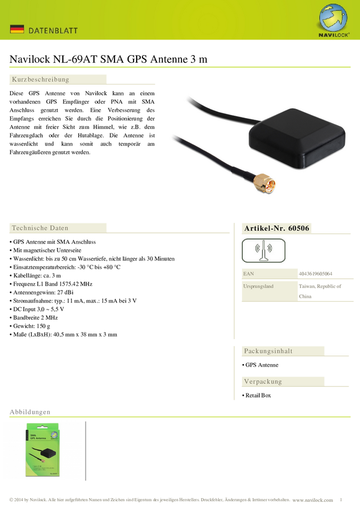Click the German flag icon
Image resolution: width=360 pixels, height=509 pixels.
[17, 29]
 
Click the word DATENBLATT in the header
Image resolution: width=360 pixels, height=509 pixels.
[54, 30]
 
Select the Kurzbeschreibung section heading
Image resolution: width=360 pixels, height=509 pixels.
[41, 79]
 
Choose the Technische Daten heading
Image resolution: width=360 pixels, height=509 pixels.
[40, 228]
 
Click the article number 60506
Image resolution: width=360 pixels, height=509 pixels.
[299, 228]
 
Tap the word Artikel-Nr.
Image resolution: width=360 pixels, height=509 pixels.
[264, 228]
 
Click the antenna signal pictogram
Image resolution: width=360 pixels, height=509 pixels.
[264, 250]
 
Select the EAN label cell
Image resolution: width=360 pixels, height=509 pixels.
[269, 274]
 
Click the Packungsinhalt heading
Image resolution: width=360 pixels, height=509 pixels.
[268, 350]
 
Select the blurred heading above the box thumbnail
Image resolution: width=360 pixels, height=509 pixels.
[30, 412]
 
